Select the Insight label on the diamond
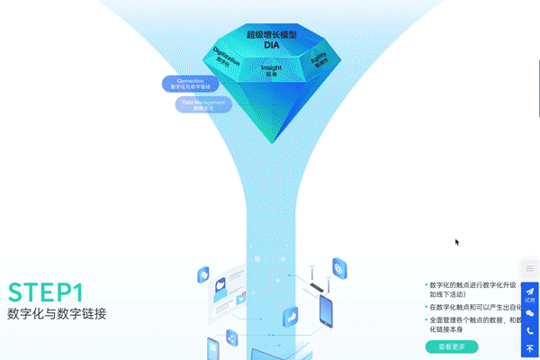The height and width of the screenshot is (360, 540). (271, 69)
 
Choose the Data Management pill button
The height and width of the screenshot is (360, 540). (202, 104)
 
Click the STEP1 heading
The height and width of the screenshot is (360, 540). (46, 292)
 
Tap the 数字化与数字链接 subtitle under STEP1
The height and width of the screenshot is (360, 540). (57, 314)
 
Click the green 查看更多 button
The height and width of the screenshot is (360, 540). (451, 346)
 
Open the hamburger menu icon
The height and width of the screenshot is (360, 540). (530, 269)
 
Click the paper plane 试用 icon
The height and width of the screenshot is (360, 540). (530, 293)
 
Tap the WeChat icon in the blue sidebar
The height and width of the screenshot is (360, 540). (530, 313)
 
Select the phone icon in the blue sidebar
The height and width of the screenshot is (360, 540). (530, 331)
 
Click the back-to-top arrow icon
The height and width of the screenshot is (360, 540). (530, 349)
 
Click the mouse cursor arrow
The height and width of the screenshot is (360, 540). (457, 241)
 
